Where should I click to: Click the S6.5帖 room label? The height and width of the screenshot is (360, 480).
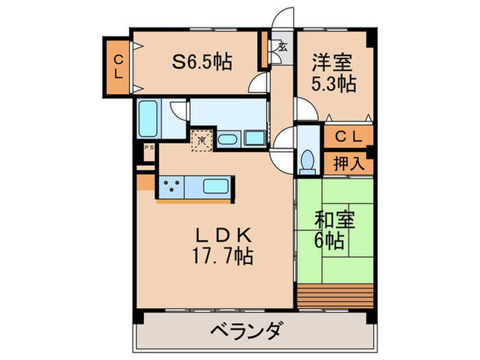pos(201,62)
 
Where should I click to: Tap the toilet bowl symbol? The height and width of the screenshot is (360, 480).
pos(307,159)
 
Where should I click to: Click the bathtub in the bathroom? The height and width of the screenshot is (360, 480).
pos(147,119)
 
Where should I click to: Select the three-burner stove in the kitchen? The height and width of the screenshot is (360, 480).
pos(171,186)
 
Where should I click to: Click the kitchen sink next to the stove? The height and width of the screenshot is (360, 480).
pos(217,186)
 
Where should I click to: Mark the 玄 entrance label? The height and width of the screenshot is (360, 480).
pos(283,47)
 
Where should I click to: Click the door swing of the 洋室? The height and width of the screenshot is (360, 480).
pos(303,108)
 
